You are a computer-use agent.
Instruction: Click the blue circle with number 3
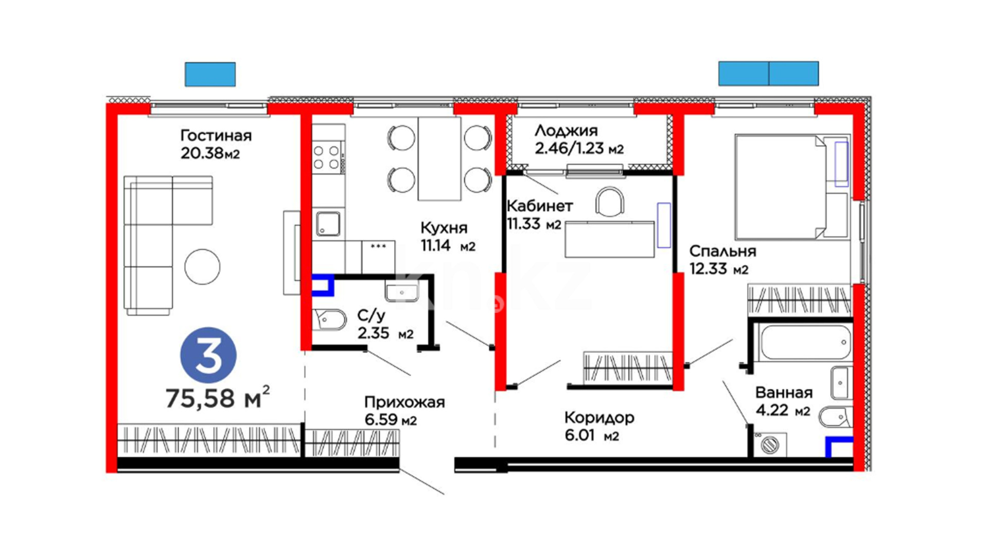pos(208,355)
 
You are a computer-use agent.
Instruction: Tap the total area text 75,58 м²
pos(217,397)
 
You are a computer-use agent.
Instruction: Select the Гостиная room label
pos(216,135)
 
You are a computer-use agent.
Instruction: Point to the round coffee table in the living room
pos(202,267)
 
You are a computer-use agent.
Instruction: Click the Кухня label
pos(444,228)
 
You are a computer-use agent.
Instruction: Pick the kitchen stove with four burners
pos(328,157)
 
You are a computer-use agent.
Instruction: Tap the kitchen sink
pos(328,224)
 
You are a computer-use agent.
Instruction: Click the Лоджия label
pos(566,131)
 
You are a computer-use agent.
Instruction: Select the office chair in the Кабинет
pos(610,202)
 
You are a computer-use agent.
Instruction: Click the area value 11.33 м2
pos(534,224)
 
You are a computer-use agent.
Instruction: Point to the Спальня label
pos(722,251)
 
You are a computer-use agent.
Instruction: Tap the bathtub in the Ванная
pos(805,342)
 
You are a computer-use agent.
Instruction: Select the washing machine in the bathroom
pos(769,444)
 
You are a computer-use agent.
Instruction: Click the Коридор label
pos(599,418)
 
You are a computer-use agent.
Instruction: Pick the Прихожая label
pos(404,402)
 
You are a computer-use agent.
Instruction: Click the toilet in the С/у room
pos(329,319)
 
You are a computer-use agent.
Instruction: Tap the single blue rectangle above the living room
pos(210,74)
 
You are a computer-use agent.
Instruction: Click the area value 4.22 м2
pos(783,410)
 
